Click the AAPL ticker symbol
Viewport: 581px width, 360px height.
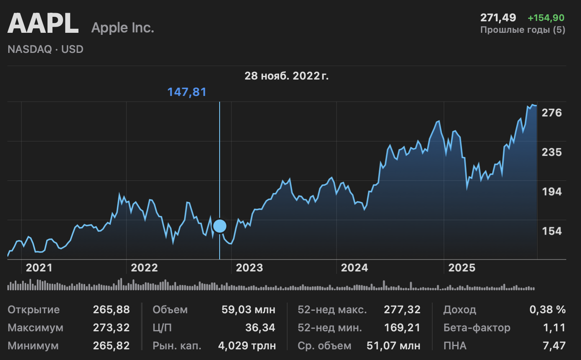43,24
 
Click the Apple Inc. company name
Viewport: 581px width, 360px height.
123,28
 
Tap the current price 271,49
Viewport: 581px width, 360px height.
498,18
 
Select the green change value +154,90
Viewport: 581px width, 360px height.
546,18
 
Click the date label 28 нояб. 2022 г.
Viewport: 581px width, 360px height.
286,76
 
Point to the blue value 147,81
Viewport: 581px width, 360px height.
187,92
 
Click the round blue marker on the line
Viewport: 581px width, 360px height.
220,226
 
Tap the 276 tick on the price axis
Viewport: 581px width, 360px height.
551,113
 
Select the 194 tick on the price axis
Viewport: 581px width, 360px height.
551,191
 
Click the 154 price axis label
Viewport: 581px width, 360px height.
551,231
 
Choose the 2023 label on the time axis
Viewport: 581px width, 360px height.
249,268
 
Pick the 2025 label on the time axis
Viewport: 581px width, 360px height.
462,268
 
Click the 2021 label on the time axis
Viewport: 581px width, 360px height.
39,268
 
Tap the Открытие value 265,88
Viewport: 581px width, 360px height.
111,310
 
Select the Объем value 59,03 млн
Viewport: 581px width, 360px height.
248,310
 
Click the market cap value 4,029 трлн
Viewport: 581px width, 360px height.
247,346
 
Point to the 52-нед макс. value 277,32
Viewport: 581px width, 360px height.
402,310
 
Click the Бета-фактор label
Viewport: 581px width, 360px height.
477,328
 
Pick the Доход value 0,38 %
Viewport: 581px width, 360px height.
547,310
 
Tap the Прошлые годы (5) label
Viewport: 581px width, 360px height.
522,30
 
